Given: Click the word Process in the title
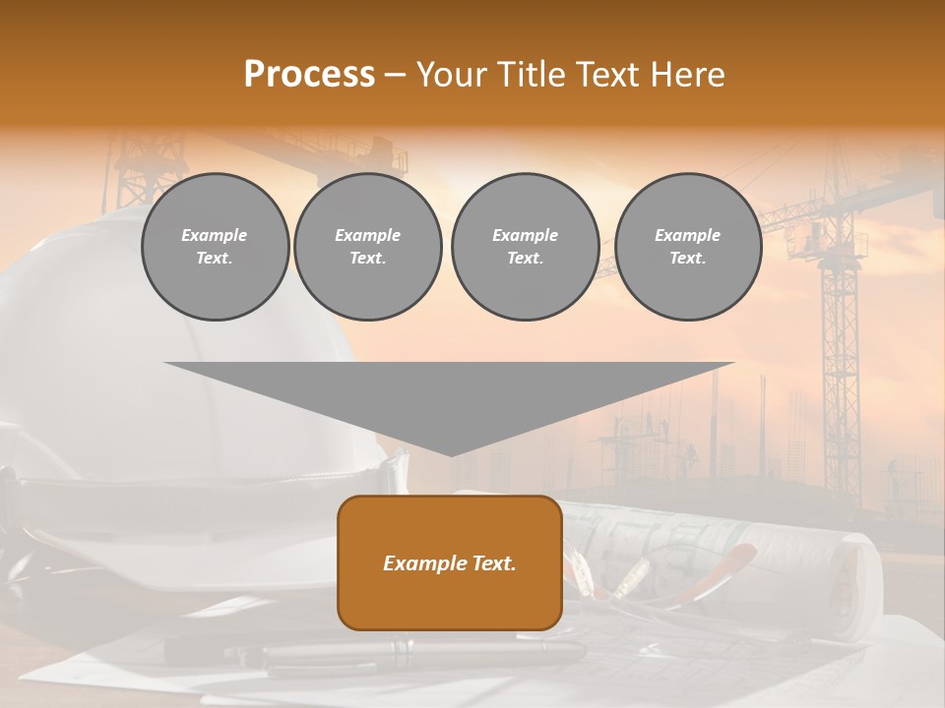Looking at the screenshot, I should point(309,75).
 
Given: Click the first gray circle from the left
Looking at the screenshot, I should point(215,247).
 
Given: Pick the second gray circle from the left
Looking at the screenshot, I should point(367,247).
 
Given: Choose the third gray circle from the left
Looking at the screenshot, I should point(525,247).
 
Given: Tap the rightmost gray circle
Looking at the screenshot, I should point(687,247).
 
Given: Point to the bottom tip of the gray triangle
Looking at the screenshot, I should point(451,454).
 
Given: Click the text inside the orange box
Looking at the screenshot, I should point(450,563).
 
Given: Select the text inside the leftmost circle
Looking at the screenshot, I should point(215,247).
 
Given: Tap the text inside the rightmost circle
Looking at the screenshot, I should point(687,247).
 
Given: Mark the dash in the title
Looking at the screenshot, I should point(395,76).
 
